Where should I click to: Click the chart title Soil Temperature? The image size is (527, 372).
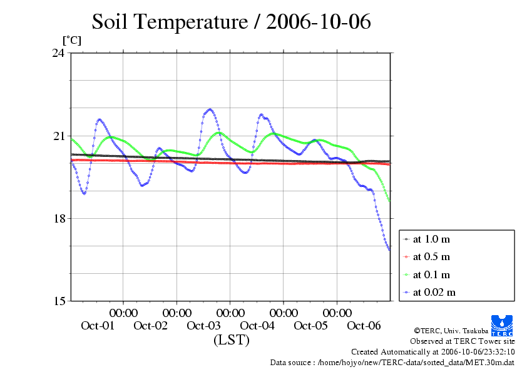point(231,22)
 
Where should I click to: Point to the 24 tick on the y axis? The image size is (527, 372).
point(59,53)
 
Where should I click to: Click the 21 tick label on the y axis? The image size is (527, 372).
point(59,136)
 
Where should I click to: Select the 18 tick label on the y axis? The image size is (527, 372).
point(59,218)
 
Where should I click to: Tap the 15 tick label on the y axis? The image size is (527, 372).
point(59,301)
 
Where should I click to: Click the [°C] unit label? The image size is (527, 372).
point(71,40)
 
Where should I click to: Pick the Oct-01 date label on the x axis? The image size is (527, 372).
point(98,326)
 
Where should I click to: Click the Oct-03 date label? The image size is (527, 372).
point(204,326)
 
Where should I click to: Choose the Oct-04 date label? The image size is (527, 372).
point(257,326)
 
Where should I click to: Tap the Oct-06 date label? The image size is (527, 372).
point(364,326)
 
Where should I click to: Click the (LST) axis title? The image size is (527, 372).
point(231,341)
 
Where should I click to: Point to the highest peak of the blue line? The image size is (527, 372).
point(210,109)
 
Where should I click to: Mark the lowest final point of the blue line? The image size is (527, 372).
point(389,249)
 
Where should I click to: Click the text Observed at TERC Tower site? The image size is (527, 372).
point(463,341)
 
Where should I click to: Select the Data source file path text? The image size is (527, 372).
point(392,362)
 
